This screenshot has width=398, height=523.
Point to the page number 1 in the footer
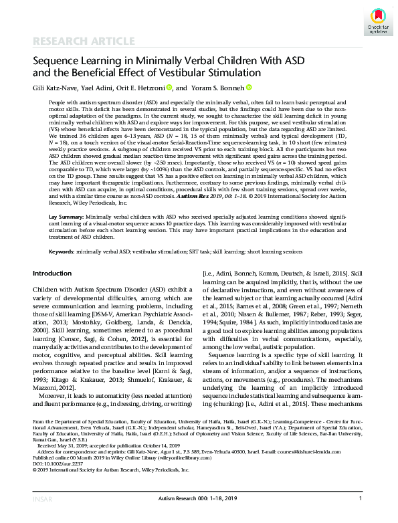[x=361, y=517]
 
